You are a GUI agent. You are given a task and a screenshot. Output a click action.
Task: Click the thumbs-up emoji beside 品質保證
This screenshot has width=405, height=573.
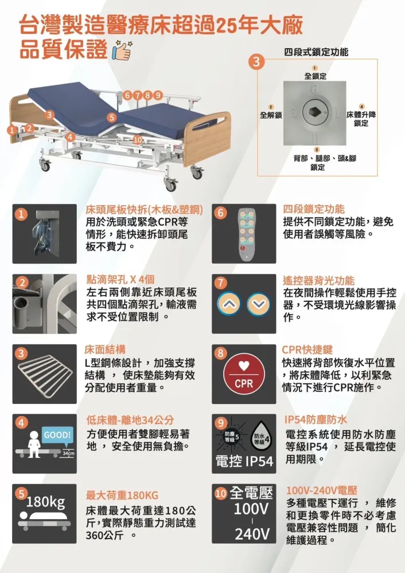122,50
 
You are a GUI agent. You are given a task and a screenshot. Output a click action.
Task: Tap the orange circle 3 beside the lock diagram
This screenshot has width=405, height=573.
256,62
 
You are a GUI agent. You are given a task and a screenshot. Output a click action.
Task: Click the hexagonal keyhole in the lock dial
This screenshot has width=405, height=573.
314,112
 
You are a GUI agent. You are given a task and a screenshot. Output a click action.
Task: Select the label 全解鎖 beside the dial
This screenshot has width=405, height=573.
271,115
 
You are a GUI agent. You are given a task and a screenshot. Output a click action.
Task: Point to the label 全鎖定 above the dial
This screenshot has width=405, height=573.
316,76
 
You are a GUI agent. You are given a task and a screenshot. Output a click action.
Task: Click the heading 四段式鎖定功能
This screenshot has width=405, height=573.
316,52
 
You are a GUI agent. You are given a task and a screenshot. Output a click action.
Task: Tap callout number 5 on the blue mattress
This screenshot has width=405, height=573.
112,117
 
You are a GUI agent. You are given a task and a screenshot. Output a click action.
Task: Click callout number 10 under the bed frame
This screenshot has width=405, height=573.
138,140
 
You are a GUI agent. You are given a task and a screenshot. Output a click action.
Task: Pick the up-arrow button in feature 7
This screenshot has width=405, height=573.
229,304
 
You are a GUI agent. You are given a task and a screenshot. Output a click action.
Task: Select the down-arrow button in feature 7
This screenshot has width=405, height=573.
259,304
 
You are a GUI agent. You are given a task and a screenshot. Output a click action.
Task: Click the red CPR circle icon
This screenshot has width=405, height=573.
244,374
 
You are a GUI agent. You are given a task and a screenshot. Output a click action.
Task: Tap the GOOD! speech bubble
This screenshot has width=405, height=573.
57,435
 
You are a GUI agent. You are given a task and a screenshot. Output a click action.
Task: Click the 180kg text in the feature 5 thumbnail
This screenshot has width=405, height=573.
46,502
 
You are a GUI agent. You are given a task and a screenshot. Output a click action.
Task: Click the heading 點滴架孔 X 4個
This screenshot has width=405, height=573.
120,280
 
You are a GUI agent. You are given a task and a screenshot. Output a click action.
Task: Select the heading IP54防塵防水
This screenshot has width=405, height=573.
316,420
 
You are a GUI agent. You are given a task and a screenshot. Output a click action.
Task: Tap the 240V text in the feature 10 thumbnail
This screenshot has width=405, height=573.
252,534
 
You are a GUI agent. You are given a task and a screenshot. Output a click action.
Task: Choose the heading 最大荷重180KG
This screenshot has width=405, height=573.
122,495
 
